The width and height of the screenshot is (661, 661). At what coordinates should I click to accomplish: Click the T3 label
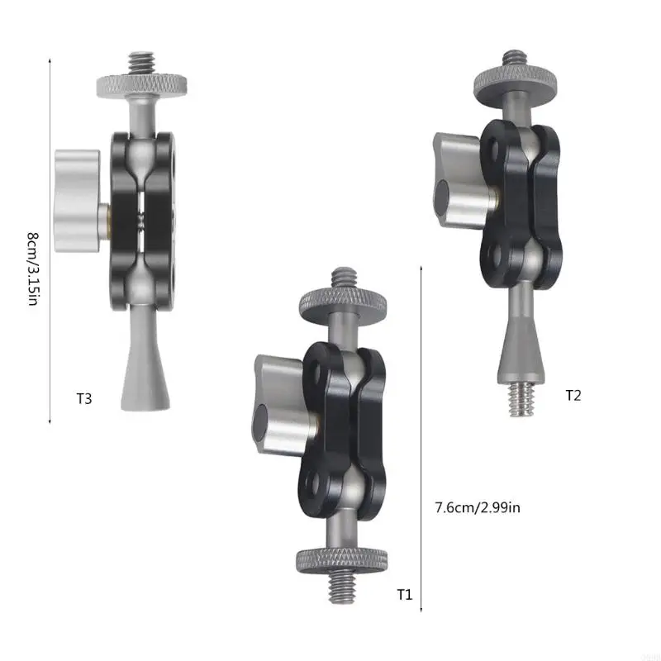pos(83,399)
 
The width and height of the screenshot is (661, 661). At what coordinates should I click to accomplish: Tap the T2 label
pos(573,395)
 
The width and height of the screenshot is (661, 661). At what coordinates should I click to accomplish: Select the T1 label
pos(404,593)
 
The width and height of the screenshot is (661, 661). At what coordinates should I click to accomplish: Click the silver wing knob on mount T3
pos(78,201)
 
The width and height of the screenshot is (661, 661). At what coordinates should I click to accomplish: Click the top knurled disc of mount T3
pos(145,83)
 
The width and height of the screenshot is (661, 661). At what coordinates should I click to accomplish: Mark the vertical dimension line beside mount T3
pos(50,240)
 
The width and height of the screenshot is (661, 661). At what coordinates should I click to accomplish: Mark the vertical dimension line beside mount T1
pos(422,438)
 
